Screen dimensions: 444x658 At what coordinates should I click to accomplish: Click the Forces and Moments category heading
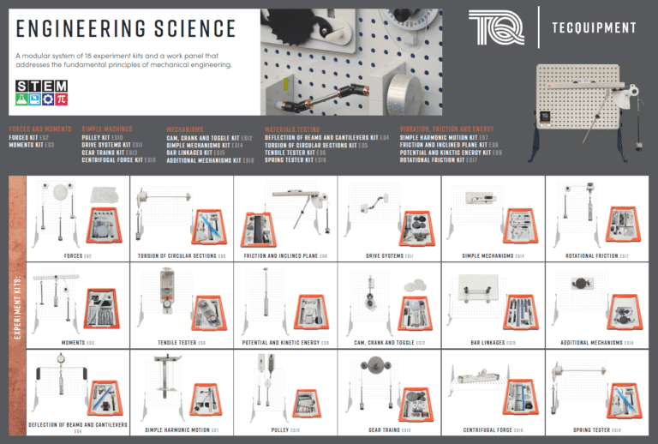40,129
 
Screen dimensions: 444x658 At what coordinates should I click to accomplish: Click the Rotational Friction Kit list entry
438,159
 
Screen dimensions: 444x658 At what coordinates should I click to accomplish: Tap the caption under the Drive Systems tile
389,255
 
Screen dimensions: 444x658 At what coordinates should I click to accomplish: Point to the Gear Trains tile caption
389,429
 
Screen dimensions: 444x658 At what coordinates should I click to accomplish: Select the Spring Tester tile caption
597,429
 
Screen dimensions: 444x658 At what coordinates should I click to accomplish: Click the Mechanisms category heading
187,129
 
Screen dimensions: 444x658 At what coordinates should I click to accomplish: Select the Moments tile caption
78,343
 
